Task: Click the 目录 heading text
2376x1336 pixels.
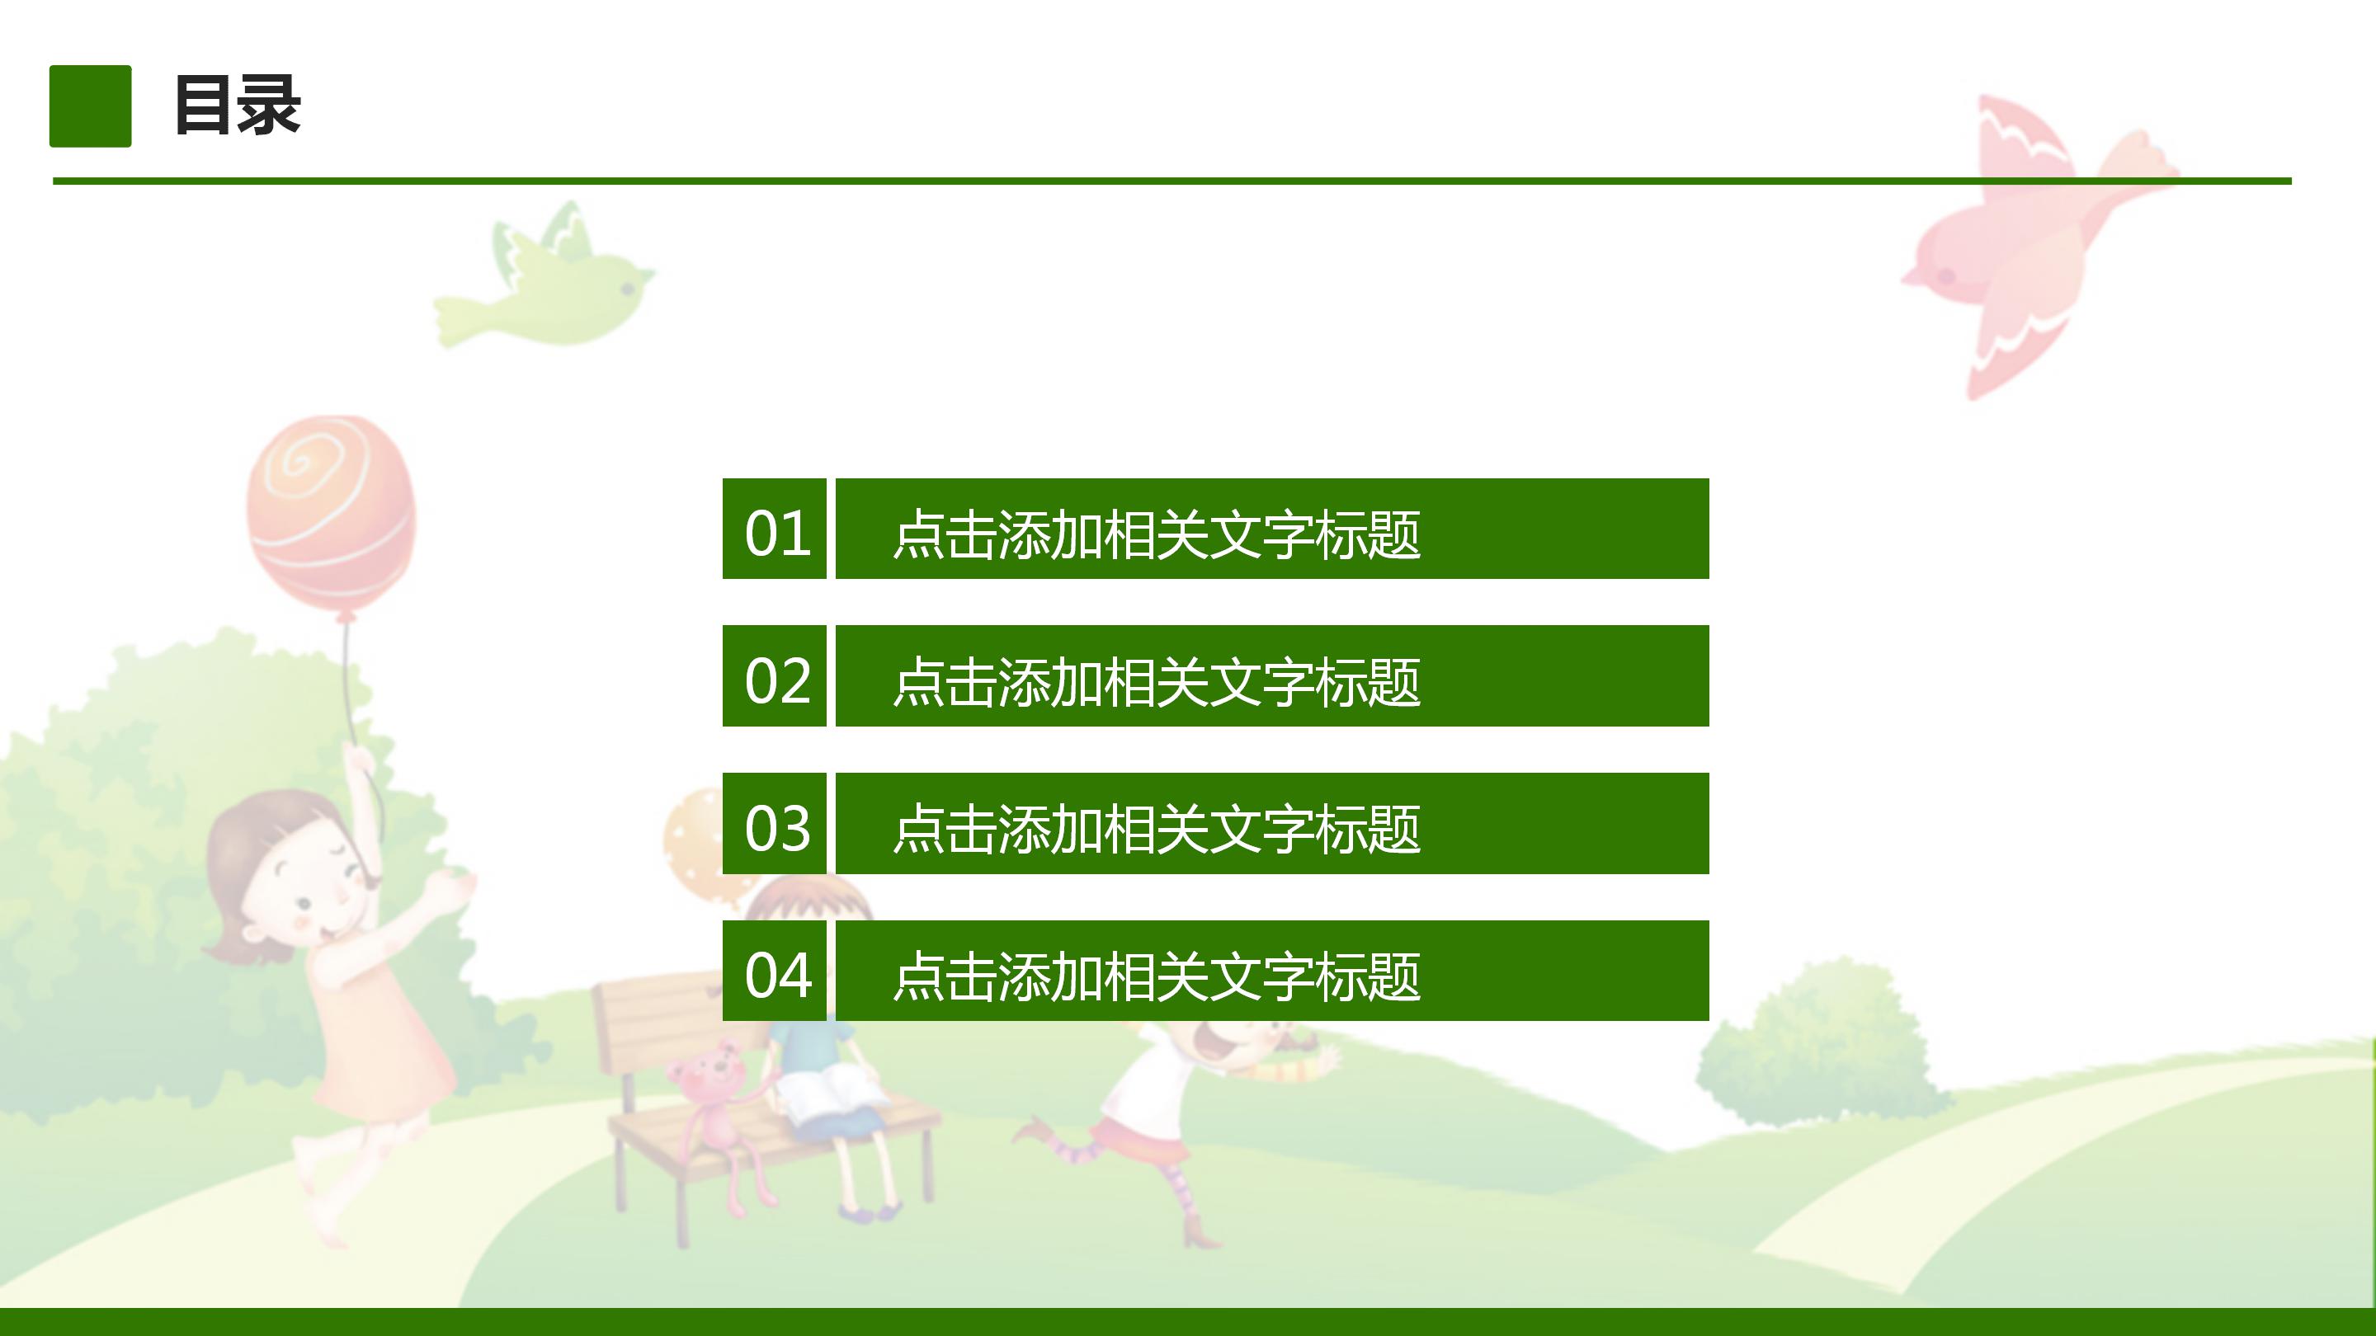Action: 237,105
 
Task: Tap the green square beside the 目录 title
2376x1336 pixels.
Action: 91,106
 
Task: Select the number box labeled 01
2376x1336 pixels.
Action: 775,529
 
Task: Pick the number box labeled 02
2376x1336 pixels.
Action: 775,677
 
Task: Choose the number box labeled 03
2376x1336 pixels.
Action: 775,825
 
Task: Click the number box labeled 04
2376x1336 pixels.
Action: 775,971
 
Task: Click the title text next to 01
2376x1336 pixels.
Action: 1157,534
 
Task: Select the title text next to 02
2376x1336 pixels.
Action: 1157,681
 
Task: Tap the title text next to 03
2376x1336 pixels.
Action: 1157,828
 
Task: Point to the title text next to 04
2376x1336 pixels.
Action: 1157,976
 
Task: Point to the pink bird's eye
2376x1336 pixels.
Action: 1947,275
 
